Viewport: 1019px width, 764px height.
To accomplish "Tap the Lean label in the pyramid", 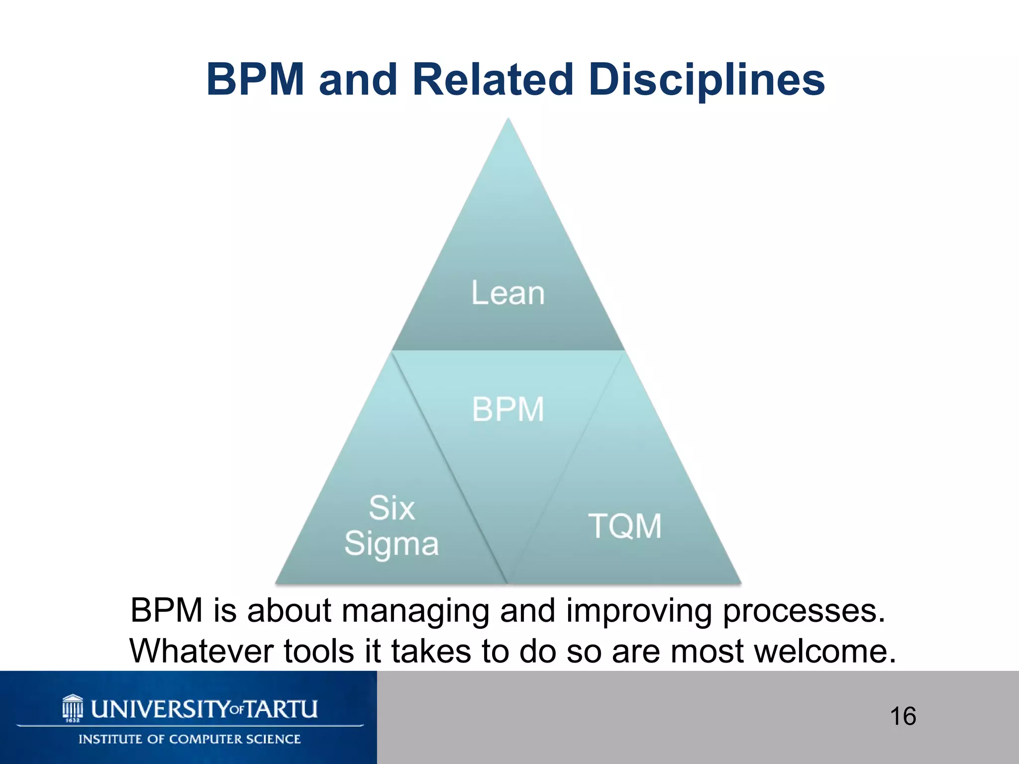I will tap(508, 293).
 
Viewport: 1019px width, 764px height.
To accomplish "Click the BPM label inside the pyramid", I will tap(508, 409).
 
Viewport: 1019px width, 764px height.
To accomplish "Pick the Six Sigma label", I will tap(392, 526).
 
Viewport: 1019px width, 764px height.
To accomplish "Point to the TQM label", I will tap(625, 526).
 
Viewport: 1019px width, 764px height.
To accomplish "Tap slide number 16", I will tap(903, 716).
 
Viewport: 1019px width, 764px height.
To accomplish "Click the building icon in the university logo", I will tap(73, 708).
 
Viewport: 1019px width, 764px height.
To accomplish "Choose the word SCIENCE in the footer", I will tap(277, 739).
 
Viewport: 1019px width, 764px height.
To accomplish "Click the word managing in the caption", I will tap(415, 611).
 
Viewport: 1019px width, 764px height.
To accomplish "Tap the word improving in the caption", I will tap(639, 611).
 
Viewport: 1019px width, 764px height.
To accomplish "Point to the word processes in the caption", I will tap(804, 611).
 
